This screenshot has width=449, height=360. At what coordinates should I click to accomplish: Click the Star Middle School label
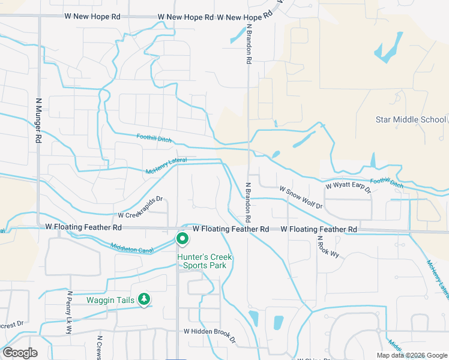[411, 119]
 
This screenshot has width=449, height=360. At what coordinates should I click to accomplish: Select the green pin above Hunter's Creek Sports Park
[182, 239]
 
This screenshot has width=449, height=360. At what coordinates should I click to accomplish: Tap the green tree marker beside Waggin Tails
[143, 299]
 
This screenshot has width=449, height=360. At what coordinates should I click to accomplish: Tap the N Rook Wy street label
[328, 247]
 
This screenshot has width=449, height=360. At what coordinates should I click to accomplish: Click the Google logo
[20, 353]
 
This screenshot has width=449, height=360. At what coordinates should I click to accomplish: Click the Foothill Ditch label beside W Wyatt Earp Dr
[387, 182]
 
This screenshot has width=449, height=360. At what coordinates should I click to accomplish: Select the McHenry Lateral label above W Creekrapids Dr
[166, 166]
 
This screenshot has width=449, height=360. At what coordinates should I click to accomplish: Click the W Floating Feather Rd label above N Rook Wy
[319, 230]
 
